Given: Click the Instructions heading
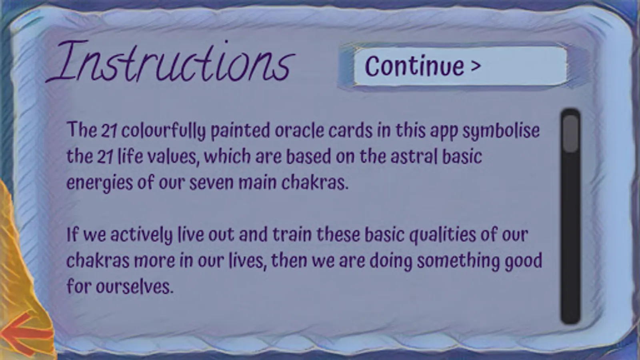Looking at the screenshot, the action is coord(170,62).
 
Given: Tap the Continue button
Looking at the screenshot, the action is coord(460,66).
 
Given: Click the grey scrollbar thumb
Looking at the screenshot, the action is coord(571,134).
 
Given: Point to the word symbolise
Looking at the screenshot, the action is coord(501,131).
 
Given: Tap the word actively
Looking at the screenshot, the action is coord(142,236).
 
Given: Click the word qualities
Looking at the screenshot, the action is coord(442,236).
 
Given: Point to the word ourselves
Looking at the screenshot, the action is coord(134,286).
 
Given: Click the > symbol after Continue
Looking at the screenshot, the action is coord(476,66).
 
